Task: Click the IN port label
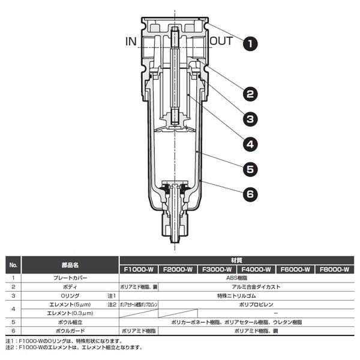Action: [x=131, y=41]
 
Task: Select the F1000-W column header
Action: [x=139, y=269]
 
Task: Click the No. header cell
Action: [x=14, y=265]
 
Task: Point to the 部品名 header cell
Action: [x=70, y=265]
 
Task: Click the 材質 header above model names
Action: [x=236, y=260]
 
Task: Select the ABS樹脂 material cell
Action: [x=236, y=278]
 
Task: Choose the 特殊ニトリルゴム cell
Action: [x=236, y=296]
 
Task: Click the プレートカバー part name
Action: [x=70, y=278]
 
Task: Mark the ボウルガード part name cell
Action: [x=70, y=331]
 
